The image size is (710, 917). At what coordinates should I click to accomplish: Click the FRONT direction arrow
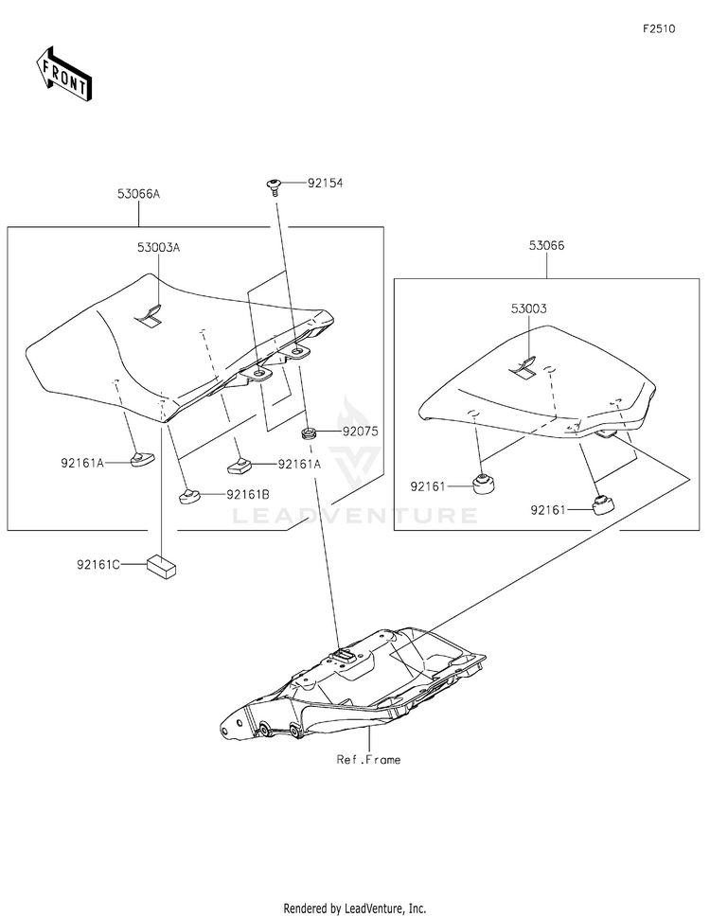click(64, 72)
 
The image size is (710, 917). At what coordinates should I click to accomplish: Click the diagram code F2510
click(659, 29)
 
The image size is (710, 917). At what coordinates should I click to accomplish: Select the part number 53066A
click(138, 194)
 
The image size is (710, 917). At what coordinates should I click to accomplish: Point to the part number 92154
click(325, 184)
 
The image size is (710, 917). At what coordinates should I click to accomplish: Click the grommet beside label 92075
click(308, 433)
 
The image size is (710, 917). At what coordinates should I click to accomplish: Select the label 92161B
click(247, 494)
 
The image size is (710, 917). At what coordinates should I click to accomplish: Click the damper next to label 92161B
click(190, 494)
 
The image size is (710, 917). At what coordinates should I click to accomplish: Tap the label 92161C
click(99, 565)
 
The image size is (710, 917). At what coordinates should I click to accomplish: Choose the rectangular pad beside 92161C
click(162, 565)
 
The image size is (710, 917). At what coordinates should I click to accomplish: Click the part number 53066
click(547, 245)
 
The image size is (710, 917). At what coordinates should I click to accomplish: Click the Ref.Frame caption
click(368, 759)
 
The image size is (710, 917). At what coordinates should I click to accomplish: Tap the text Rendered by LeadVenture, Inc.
click(355, 907)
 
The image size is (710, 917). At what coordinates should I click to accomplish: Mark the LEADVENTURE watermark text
click(355, 516)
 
